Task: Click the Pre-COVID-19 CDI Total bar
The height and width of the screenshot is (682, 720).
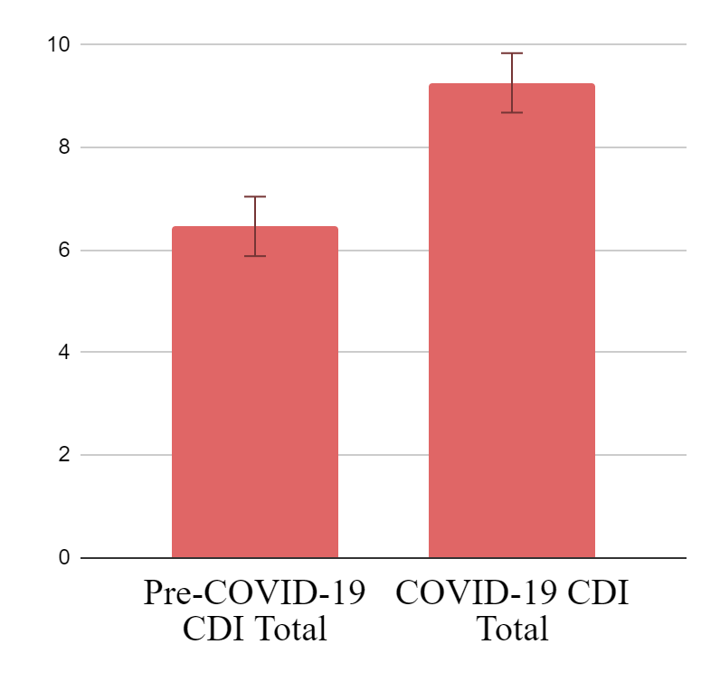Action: pyautogui.click(x=254, y=398)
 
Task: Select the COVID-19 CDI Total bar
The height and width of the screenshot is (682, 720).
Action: pyautogui.click(x=511, y=326)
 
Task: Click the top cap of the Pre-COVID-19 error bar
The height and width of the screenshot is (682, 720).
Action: pyautogui.click(x=254, y=196)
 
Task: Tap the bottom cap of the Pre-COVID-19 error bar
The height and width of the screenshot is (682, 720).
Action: pyautogui.click(x=254, y=256)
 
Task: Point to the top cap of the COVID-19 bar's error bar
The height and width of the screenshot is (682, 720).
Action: pyautogui.click(x=511, y=53)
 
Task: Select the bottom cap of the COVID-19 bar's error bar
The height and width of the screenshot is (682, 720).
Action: pyautogui.click(x=511, y=112)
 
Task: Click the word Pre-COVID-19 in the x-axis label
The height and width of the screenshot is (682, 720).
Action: pyautogui.click(x=254, y=596)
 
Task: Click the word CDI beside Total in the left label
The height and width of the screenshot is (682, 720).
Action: pyautogui.click(x=210, y=628)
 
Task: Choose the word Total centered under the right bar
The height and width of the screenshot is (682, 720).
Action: pyautogui.click(x=511, y=628)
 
